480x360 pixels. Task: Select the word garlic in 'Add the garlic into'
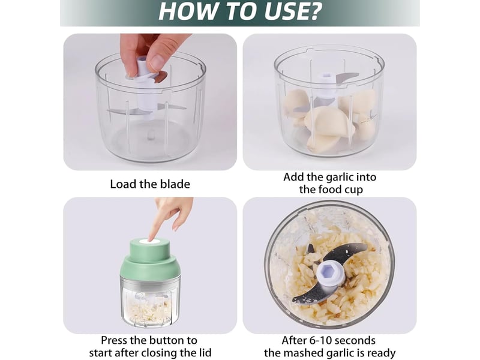click(340, 178)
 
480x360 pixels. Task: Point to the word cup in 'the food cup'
click(354, 190)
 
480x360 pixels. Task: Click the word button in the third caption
click(164, 340)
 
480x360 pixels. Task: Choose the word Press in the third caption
click(115, 340)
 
